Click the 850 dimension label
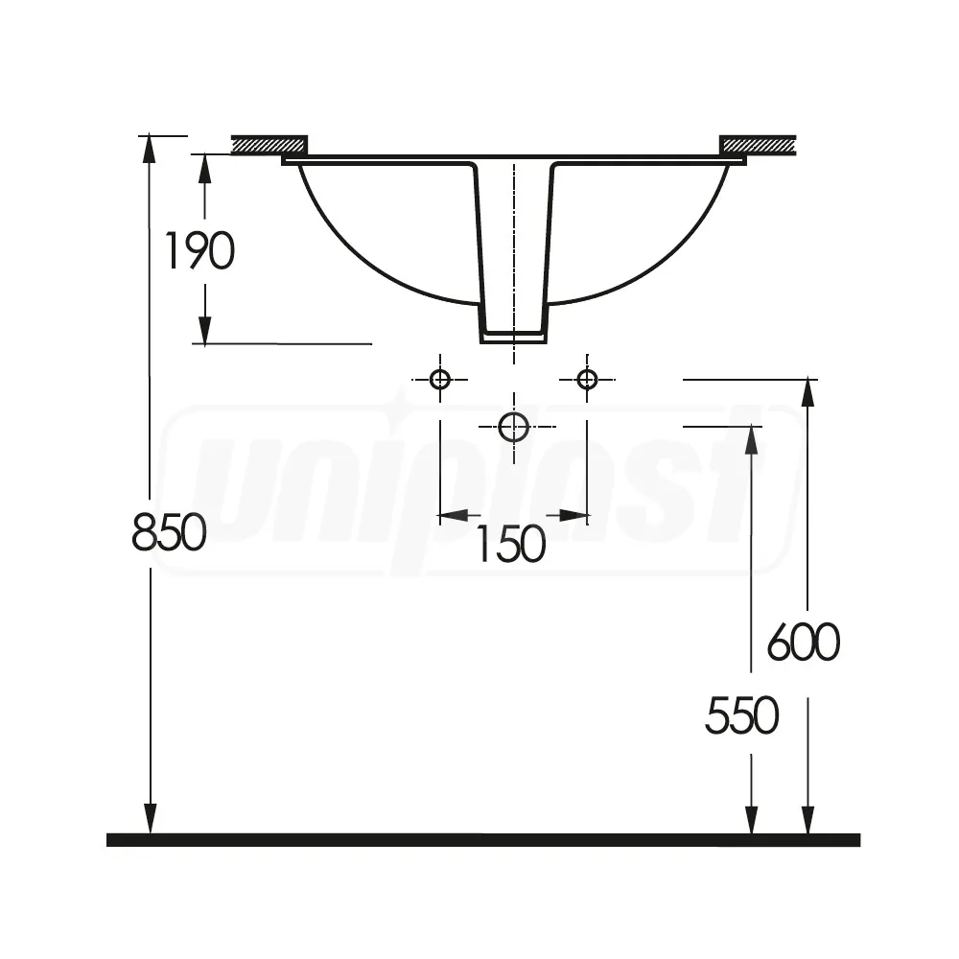[169, 532]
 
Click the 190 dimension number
[199, 251]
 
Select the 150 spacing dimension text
[510, 545]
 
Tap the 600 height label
[804, 643]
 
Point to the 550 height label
[741, 715]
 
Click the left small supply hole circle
[440, 379]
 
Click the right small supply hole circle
[587, 379]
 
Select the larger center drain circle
[514, 427]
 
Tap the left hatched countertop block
[269, 145]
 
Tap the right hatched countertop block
[758, 145]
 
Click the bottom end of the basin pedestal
[513, 337]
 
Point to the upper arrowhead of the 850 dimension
[149, 149]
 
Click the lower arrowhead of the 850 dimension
[149, 819]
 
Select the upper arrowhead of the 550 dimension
[751, 440]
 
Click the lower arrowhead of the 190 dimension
[204, 330]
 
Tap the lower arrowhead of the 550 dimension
[751, 819]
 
